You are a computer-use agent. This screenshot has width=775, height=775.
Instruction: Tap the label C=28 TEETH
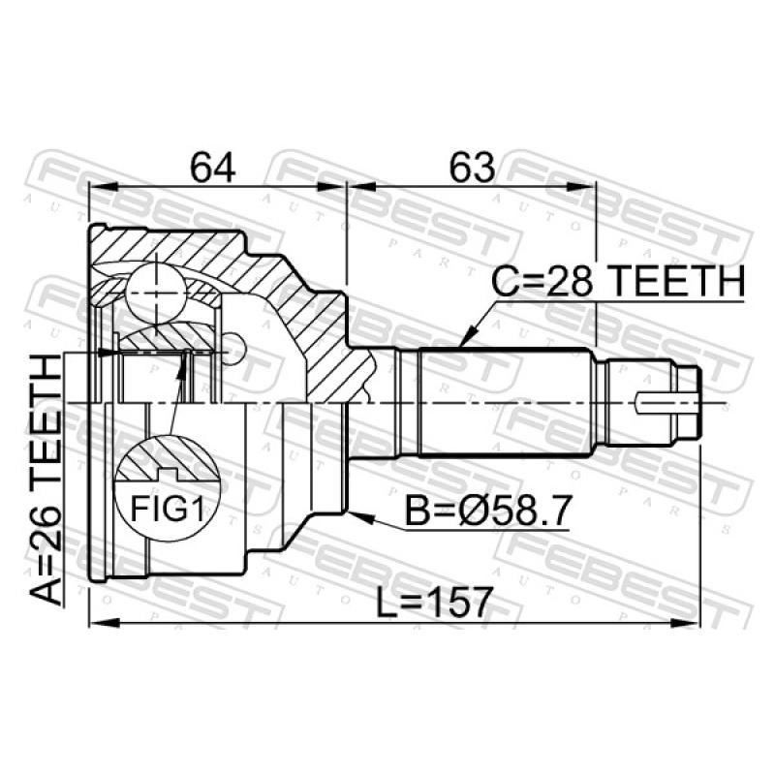617,281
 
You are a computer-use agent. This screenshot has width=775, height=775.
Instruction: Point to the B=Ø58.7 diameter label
488,511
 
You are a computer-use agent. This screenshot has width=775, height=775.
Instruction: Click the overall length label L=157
434,602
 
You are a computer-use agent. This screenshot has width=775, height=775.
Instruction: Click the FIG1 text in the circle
167,510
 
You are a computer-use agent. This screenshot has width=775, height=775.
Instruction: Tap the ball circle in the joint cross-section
156,293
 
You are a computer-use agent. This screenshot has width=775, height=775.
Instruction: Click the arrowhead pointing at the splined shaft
468,336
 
